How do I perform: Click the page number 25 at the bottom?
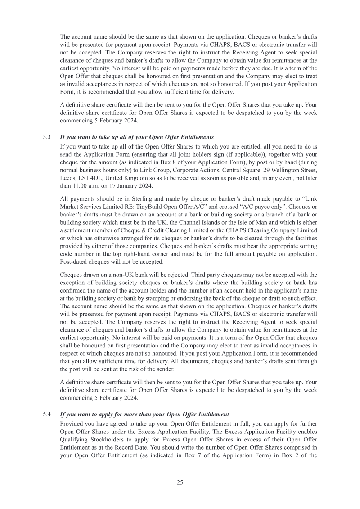180,482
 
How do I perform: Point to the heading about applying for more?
144,414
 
